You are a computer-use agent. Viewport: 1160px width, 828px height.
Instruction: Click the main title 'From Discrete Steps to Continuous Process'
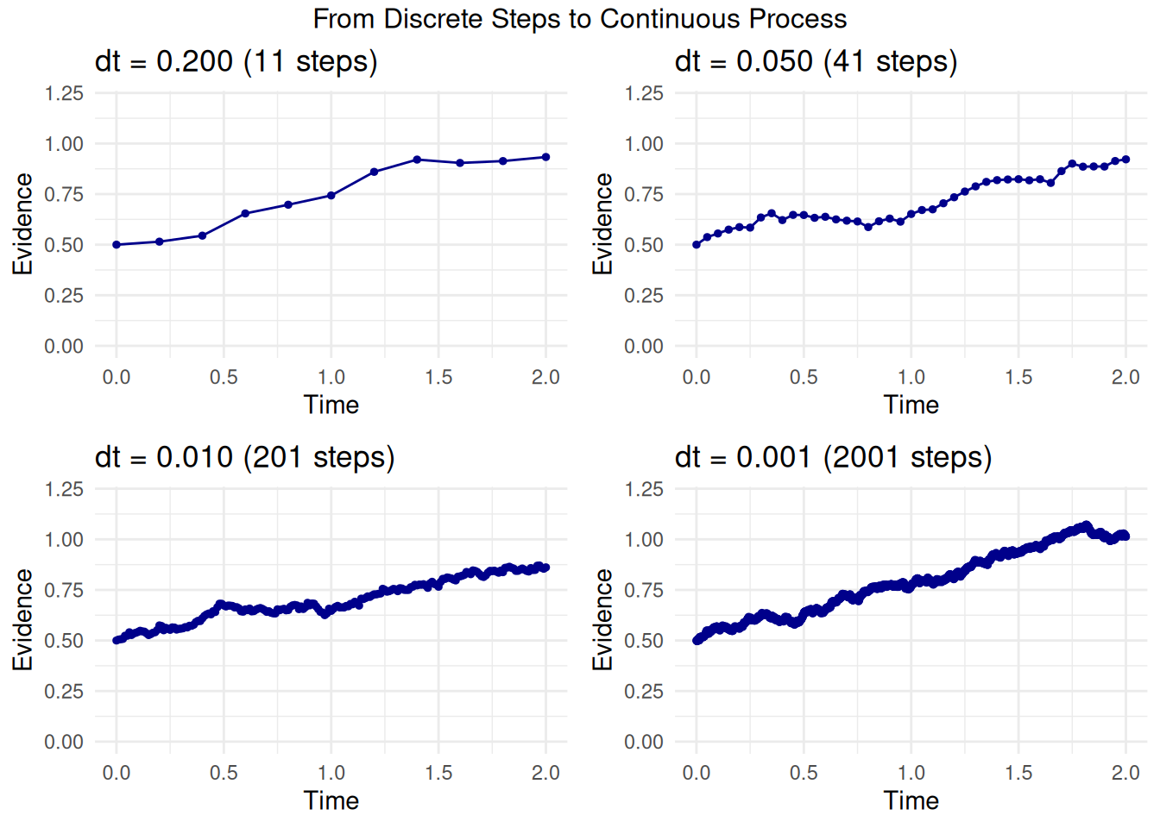(x=580, y=19)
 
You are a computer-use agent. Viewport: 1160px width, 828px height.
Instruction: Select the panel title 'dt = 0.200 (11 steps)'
(x=236, y=62)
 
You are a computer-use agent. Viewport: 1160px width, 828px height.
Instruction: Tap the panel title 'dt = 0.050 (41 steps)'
(x=816, y=62)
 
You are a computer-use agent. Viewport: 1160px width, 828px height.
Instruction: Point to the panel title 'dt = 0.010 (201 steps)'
(x=245, y=457)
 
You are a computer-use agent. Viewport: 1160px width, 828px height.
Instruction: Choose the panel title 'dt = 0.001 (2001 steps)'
(x=834, y=457)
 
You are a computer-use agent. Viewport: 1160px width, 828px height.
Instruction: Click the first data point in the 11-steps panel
(x=117, y=245)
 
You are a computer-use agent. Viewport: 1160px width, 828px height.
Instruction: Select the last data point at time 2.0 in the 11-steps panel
(x=545, y=157)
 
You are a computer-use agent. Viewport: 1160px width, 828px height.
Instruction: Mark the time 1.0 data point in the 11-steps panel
(x=331, y=196)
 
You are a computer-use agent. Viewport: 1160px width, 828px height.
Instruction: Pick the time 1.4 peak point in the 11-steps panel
(x=417, y=160)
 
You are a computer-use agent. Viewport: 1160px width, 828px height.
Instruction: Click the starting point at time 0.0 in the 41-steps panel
(x=697, y=245)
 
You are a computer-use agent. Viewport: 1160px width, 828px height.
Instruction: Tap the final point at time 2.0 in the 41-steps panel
(x=1125, y=160)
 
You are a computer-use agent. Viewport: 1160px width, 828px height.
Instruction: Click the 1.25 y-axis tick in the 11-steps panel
(x=65, y=93)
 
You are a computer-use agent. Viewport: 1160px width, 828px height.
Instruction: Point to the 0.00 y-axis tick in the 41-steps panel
(x=644, y=347)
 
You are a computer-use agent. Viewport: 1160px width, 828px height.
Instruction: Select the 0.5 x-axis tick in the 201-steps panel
(x=224, y=773)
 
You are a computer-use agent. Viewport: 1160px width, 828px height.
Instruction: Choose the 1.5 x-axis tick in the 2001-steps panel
(x=1018, y=773)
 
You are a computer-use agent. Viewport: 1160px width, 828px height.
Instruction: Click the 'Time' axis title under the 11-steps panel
(x=331, y=405)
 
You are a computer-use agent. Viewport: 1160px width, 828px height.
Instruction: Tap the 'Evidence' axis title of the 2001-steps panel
(x=602, y=619)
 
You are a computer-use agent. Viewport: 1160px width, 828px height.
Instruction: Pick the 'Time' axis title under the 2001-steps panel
(x=911, y=801)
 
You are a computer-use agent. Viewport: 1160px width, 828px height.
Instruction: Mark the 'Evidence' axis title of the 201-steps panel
(x=22, y=619)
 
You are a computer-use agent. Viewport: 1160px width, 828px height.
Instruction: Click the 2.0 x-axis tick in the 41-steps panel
(x=1125, y=377)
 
